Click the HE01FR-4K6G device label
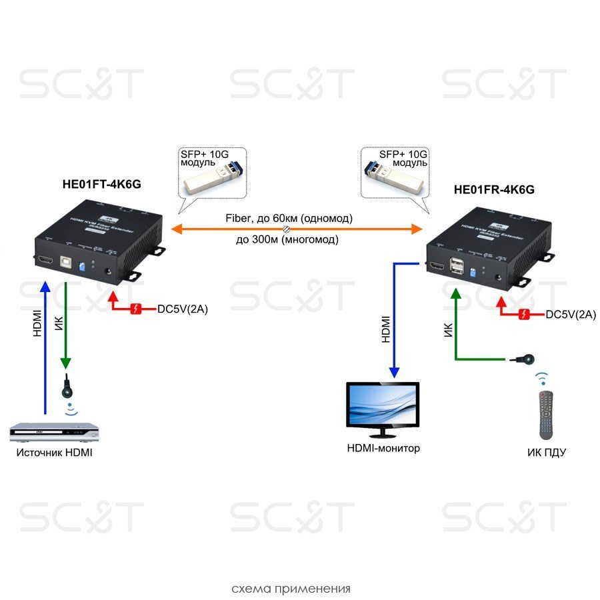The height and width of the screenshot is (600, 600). [x=494, y=189]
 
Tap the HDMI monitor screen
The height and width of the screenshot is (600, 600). [x=383, y=405]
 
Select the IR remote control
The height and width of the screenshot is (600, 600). [x=547, y=414]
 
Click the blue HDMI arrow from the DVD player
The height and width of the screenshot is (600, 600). [x=45, y=347]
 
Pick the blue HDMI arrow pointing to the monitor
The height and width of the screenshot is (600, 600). [x=394, y=320]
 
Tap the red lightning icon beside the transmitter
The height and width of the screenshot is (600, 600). [x=137, y=309]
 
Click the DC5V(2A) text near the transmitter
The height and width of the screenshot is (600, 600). [x=183, y=309]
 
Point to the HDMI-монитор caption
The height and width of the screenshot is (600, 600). [x=383, y=448]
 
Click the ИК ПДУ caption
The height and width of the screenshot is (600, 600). [x=546, y=453]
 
